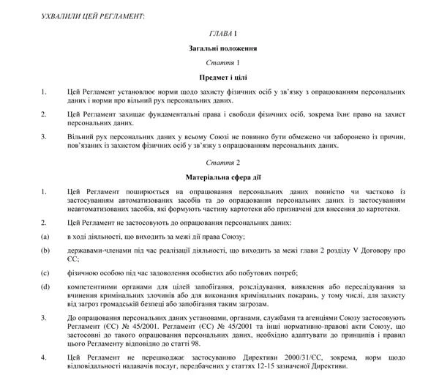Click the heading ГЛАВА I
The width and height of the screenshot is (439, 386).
click(219, 34)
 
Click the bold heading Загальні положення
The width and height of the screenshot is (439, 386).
click(219, 48)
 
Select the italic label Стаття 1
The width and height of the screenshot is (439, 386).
click(219, 62)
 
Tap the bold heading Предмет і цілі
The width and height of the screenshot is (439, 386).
click(219, 76)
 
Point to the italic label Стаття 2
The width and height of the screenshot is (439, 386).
click(219, 162)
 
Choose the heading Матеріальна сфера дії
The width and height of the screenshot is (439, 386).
click(219, 177)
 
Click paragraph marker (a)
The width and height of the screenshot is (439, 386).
click(45, 236)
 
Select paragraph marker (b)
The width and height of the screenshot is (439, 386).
click(45, 250)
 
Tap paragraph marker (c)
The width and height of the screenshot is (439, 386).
click(45, 273)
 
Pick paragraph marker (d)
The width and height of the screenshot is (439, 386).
click(45, 288)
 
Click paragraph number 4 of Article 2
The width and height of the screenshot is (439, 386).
click(44, 357)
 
